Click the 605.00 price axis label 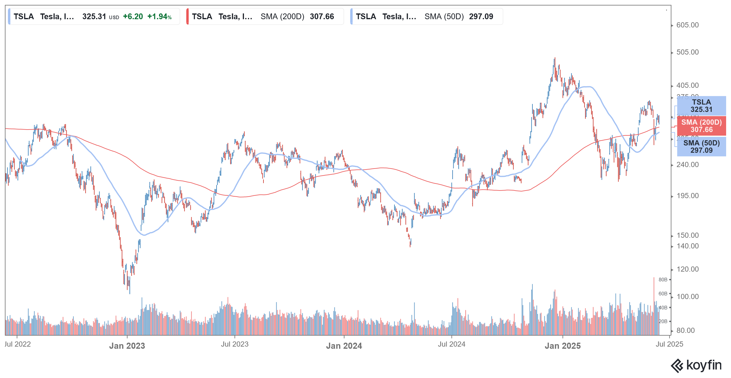click(687, 25)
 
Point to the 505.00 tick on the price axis click(687, 52)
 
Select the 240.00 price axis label click(687, 165)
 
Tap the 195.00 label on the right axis click(687, 196)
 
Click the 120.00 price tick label click(687, 269)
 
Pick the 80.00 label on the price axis click(685, 330)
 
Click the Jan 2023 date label click(127, 346)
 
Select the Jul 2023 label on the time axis click(235, 344)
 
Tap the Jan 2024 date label click(344, 346)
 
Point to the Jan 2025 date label click(563, 346)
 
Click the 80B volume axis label click(663, 280)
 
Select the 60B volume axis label click(663, 294)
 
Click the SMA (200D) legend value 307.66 click(322, 16)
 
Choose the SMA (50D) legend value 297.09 click(481, 16)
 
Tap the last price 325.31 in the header click(94, 16)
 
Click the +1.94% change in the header click(159, 16)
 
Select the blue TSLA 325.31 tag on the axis click(701, 106)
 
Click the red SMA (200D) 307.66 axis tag click(701, 126)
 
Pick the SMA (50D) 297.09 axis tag click(701, 147)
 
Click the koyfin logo click(696, 365)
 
